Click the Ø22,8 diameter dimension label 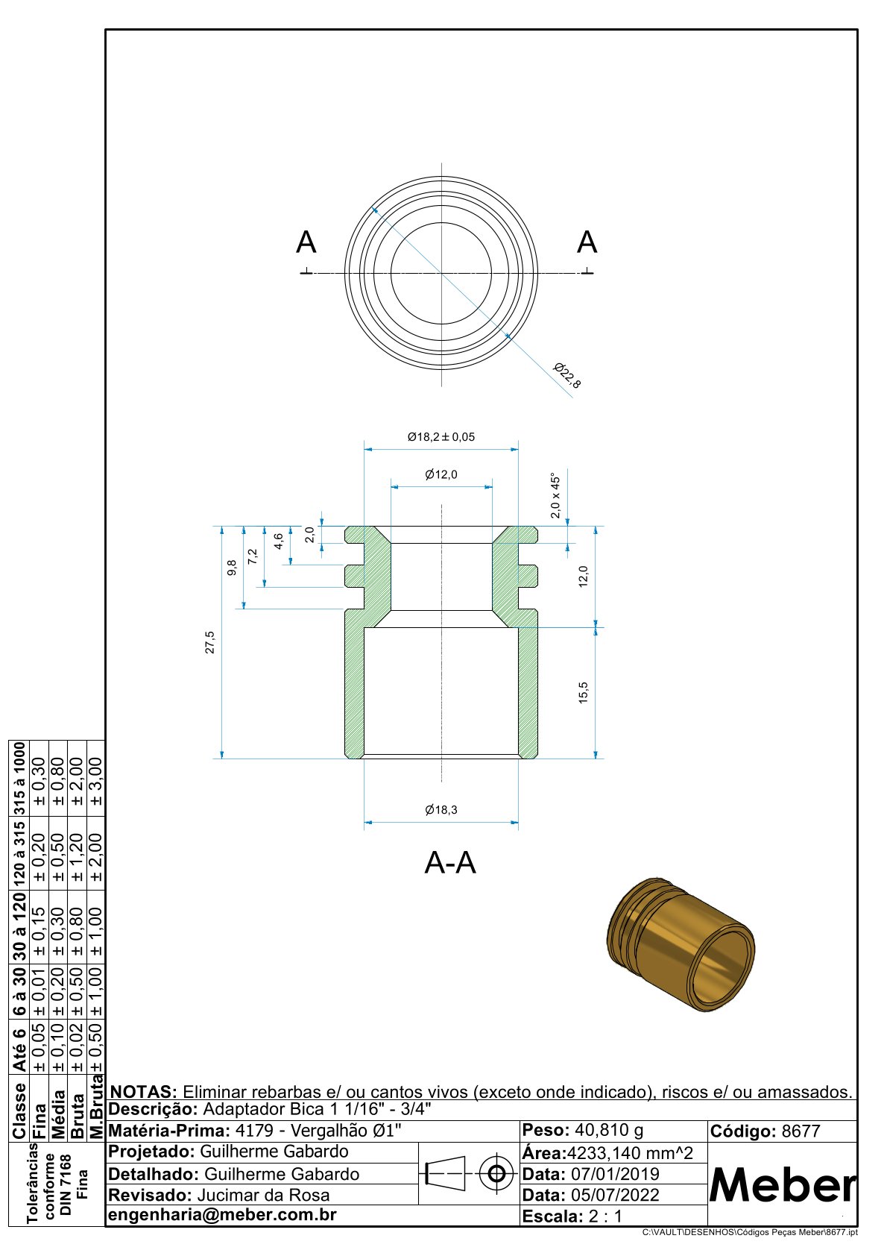[x=566, y=376]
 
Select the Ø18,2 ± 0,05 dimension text [x=441, y=437]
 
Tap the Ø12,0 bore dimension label [x=441, y=474]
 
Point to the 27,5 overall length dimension [x=210, y=642]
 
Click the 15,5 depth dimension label [x=583, y=692]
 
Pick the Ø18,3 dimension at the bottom [x=441, y=810]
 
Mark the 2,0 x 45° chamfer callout [x=555, y=495]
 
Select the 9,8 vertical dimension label [x=232, y=568]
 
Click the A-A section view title [x=449, y=863]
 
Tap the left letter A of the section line [x=306, y=243]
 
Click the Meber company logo [x=782, y=1184]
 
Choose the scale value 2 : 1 [x=605, y=1216]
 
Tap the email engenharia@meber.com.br [x=222, y=1215]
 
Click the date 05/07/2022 [x=615, y=1195]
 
